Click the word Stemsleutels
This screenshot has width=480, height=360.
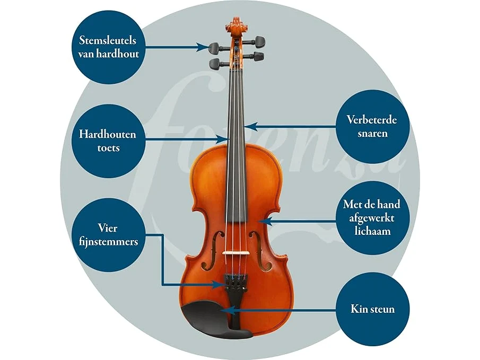pos(108,40)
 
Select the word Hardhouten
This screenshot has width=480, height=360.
pos(108,134)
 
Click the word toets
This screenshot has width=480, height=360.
pos(108,148)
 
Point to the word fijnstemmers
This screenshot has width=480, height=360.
pos(108,242)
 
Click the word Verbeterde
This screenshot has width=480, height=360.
pos(372,119)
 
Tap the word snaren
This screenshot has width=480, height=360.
pos(372,134)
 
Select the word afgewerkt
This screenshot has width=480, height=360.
pos(372,218)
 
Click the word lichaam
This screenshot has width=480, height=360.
pos(372,231)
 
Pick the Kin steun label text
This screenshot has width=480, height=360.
pos(372,309)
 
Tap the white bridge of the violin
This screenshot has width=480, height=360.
pos(234,253)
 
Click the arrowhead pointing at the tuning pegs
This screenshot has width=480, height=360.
pos(203,47)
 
